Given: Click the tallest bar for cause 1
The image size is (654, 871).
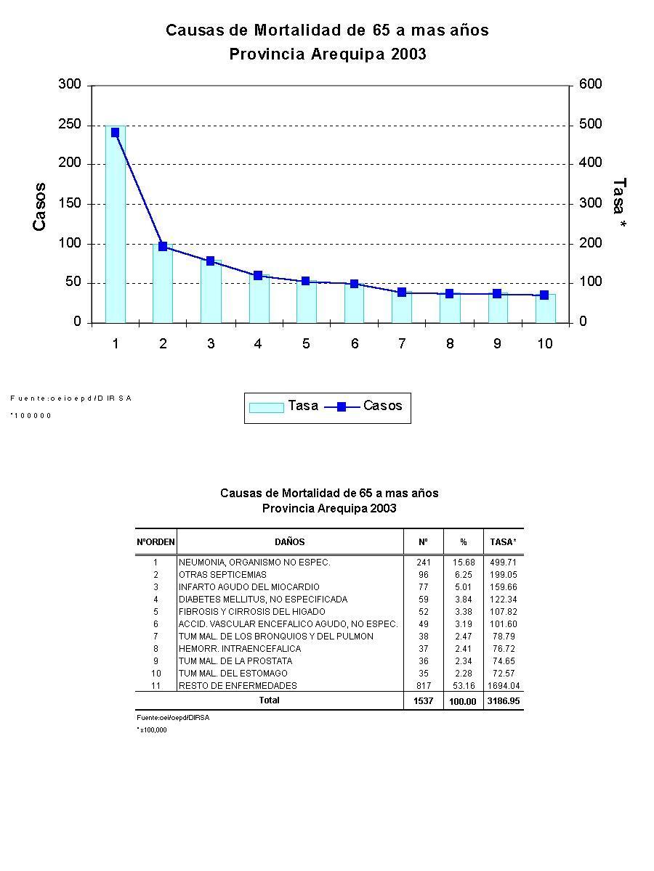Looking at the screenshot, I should [x=115, y=225].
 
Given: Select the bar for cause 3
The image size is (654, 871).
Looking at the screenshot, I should [x=211, y=292].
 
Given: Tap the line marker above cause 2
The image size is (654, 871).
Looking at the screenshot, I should [x=163, y=247].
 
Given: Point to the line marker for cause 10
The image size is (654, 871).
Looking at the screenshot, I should [x=544, y=295].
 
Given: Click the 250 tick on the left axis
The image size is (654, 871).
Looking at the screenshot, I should [x=69, y=125].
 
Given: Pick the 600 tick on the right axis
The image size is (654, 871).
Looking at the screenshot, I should [x=590, y=85].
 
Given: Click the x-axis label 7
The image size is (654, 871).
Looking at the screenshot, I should [x=402, y=344].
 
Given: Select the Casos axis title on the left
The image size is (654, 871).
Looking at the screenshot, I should [x=40, y=207].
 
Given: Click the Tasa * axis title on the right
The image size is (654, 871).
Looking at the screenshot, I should [x=619, y=205].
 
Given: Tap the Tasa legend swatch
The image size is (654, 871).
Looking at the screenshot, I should [x=266, y=407].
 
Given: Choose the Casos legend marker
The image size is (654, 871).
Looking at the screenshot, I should [x=342, y=407].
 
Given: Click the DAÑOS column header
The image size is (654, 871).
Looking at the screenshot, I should [x=290, y=542].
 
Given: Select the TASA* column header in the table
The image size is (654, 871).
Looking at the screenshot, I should [x=503, y=542].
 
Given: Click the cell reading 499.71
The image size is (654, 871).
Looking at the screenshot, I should [x=503, y=563].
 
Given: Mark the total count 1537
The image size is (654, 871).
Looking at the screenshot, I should [x=423, y=701].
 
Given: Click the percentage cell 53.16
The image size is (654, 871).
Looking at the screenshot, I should [x=463, y=686].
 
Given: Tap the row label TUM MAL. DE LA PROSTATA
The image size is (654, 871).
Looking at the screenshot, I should [x=235, y=661].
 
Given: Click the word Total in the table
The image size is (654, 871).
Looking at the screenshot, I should [x=269, y=700].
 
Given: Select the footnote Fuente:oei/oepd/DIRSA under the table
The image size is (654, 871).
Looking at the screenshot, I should [x=173, y=717].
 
